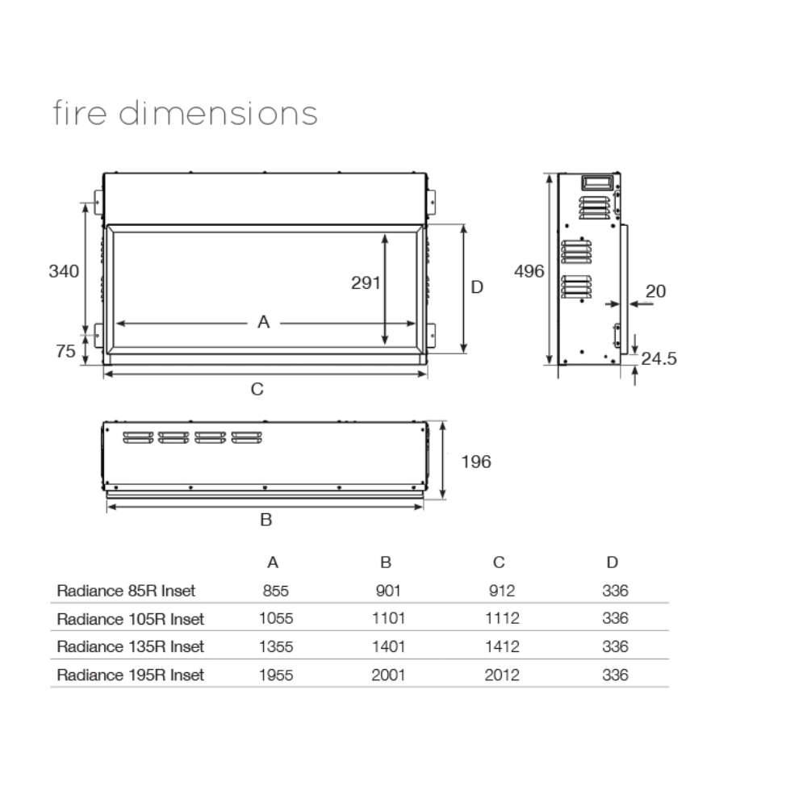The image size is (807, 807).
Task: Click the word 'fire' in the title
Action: [80, 113]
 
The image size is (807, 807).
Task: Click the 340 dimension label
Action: [64, 271]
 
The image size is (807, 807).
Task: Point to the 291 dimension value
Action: [366, 282]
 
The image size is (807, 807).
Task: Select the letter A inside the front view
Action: [263, 323]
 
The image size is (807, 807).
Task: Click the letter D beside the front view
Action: [477, 287]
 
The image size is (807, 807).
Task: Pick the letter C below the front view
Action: [257, 390]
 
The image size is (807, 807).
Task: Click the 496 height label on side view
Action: [529, 271]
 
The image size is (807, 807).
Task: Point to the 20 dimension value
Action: [656, 291]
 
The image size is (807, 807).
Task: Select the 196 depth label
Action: [475, 462]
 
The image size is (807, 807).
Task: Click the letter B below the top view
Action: [266, 521]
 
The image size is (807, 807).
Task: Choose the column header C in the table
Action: [499, 562]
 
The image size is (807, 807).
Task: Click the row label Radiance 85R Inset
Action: [126, 591]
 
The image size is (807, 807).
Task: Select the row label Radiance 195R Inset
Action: [130, 675]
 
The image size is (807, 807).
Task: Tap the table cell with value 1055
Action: [276, 619]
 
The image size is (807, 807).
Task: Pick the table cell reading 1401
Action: [388, 646]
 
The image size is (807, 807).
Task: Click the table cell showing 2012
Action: [502, 675]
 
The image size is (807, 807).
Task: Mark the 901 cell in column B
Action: [388, 591]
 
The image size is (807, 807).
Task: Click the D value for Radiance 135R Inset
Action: [615, 646]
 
